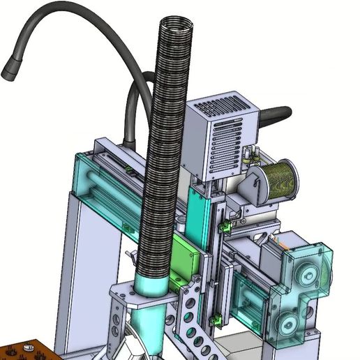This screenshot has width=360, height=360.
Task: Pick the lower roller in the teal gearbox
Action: (287, 323)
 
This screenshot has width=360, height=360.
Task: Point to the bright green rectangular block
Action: (186, 255)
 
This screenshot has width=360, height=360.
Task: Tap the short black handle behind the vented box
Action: (275, 112)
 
